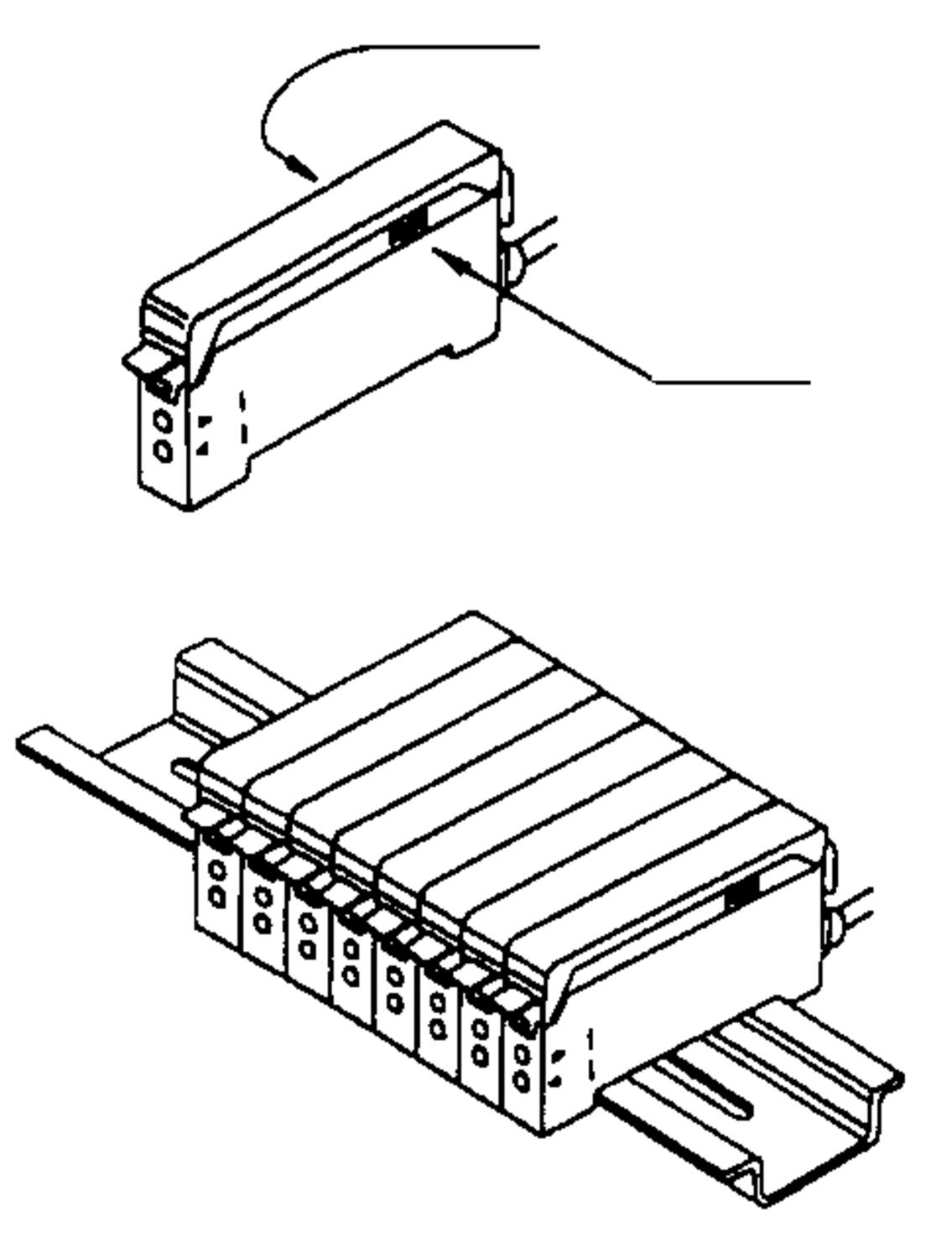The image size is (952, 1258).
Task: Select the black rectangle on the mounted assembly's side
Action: pyautogui.click(x=741, y=894)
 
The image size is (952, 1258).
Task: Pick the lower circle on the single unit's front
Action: pyautogui.click(x=164, y=452)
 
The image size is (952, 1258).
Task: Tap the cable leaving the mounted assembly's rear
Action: pyautogui.click(x=856, y=906)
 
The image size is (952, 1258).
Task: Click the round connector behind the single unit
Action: pyautogui.click(x=512, y=260)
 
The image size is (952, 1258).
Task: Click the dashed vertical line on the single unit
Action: pyautogui.click(x=243, y=417)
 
